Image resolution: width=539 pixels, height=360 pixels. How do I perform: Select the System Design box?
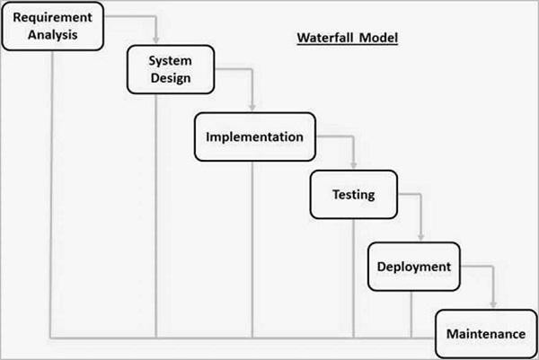point(171,69)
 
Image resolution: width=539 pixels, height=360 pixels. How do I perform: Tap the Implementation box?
point(254,138)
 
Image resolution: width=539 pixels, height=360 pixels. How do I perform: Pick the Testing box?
point(353,194)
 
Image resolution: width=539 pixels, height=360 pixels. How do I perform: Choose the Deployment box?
point(413,266)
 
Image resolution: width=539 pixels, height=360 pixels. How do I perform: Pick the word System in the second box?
point(171,60)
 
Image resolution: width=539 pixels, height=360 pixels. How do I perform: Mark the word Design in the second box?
point(171,78)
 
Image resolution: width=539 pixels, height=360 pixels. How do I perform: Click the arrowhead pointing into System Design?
point(157,41)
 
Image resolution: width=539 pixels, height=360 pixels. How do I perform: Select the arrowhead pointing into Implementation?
point(253,108)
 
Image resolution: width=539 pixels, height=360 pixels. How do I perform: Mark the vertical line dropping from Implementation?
point(252,251)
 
